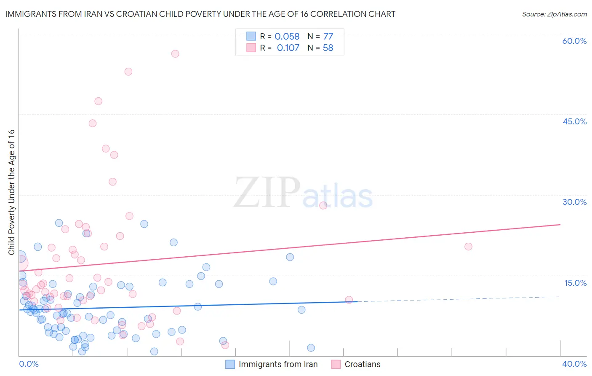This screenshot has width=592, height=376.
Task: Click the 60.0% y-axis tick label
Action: (574, 41)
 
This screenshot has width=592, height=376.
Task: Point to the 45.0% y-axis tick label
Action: (574, 121)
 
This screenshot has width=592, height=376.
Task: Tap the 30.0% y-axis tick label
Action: (574, 202)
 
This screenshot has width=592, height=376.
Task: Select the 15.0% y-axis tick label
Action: (575, 283)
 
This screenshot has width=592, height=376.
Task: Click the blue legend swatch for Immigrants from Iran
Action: (230, 364)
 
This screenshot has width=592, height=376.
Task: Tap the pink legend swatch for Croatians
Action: (336, 364)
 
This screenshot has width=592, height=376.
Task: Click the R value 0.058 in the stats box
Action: (287, 36)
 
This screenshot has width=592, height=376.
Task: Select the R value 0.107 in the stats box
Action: (288, 48)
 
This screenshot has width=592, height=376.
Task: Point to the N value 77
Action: (328, 36)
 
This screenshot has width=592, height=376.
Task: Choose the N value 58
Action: (328, 48)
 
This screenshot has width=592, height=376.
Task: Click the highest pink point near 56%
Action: (175, 54)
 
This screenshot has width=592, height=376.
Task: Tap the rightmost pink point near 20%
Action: (468, 247)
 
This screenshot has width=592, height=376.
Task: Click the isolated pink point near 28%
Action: (323, 205)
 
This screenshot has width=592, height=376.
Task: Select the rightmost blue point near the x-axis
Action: (311, 348)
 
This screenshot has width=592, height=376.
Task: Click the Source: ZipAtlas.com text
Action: (554, 14)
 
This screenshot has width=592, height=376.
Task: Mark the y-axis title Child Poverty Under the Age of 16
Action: (11, 192)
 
